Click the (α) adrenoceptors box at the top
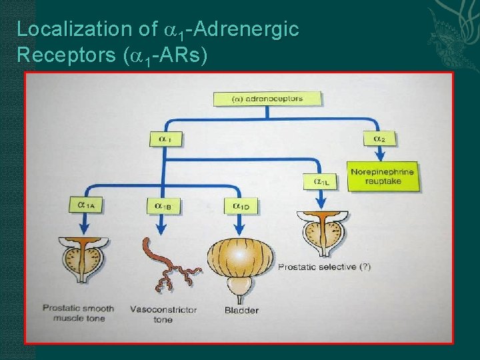click(x=267, y=99)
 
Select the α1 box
click(x=165, y=139)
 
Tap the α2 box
click(x=379, y=139)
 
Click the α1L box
click(x=321, y=181)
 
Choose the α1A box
click(x=85, y=205)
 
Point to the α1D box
click(x=241, y=206)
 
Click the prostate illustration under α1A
click(x=85, y=257)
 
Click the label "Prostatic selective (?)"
click(x=324, y=267)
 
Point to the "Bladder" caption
click(x=241, y=310)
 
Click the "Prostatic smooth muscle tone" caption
click(x=79, y=313)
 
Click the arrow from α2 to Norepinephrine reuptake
click(x=379, y=153)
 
